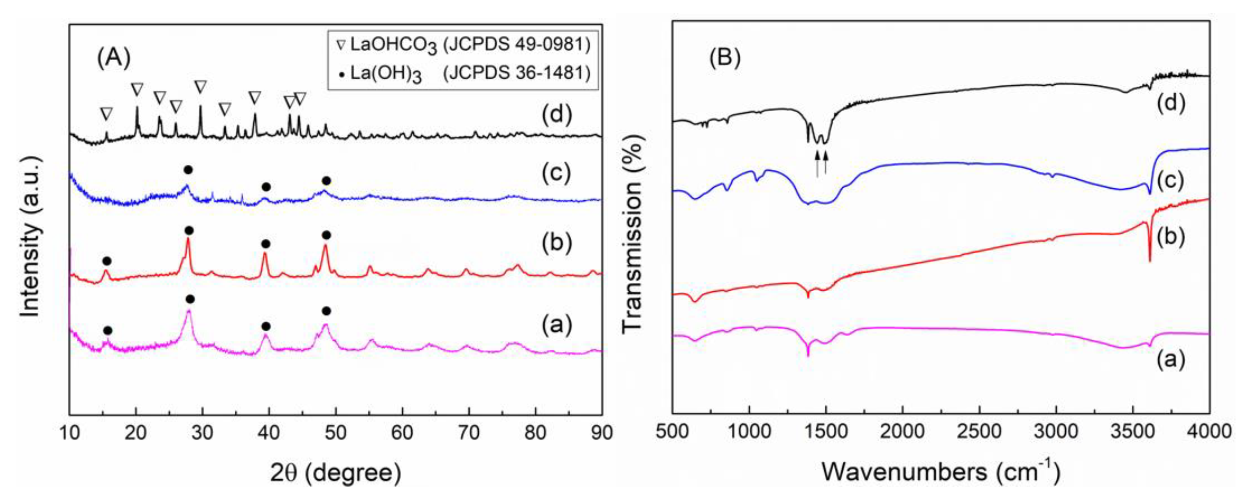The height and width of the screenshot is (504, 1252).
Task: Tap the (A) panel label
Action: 114,58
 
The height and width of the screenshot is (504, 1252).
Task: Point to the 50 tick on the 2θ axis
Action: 336,432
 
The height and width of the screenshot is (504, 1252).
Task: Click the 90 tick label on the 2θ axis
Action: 602,432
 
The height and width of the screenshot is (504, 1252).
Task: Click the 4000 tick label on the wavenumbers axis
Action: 1209,432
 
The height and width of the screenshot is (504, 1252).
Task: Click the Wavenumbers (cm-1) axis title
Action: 940,471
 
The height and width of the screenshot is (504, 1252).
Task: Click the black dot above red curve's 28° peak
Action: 189,230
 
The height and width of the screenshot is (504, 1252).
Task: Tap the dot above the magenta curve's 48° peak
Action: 326,311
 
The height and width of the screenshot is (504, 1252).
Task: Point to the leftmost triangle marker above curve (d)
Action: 106,114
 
